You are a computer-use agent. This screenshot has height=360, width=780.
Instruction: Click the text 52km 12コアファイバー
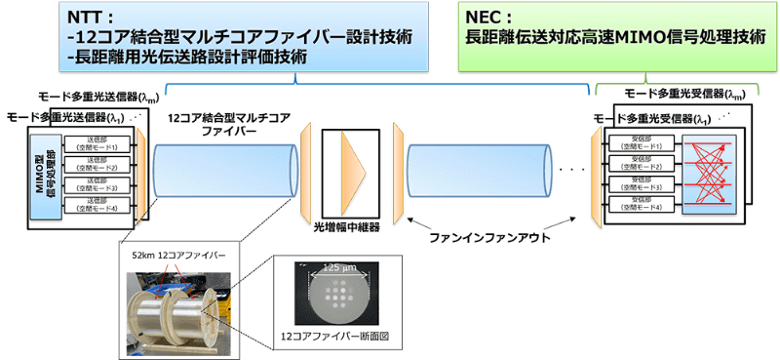click(x=176, y=255)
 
